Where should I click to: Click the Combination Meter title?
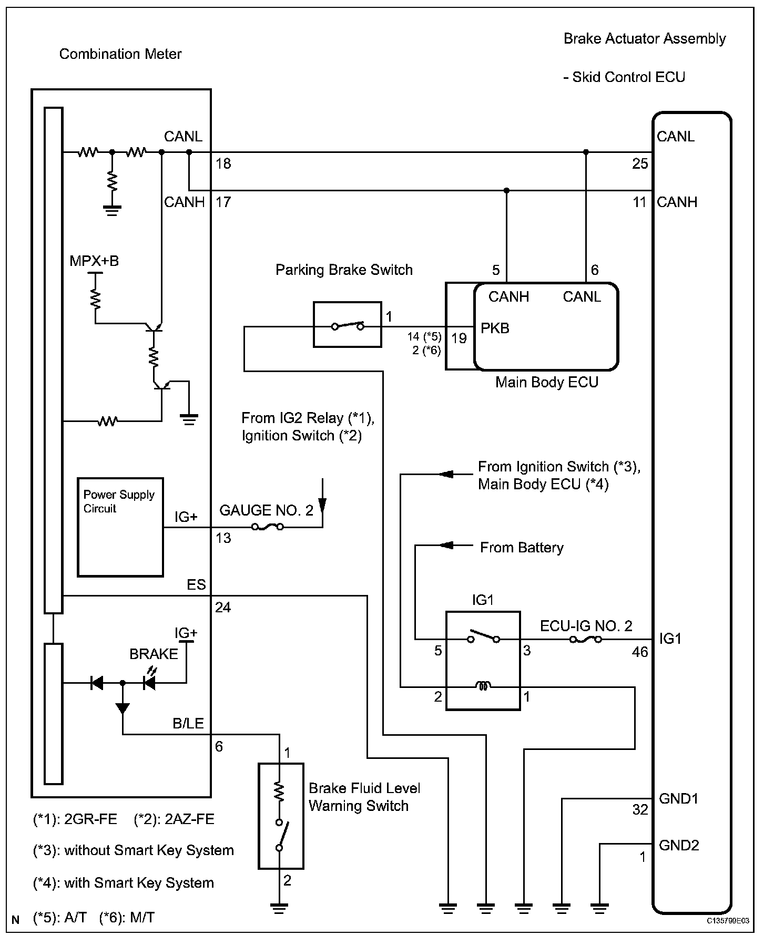(x=120, y=54)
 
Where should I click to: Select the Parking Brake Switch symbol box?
(x=347, y=324)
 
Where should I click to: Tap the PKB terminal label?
(x=495, y=328)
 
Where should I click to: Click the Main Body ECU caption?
(x=547, y=382)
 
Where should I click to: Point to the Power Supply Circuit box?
(x=120, y=527)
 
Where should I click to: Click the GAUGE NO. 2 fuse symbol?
(x=268, y=527)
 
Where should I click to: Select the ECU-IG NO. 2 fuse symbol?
(x=586, y=640)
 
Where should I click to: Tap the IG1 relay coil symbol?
(x=483, y=686)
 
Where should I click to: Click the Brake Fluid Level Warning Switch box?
(x=281, y=816)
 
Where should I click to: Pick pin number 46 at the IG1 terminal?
(x=640, y=652)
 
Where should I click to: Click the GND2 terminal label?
(x=679, y=845)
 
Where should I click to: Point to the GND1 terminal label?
(x=678, y=799)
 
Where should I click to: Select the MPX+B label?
(x=94, y=261)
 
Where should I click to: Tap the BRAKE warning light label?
(x=154, y=654)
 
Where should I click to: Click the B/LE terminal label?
(x=188, y=724)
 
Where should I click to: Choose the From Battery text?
(x=522, y=548)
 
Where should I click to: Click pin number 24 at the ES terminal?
(x=223, y=608)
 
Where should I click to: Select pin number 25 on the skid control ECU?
(x=640, y=164)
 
